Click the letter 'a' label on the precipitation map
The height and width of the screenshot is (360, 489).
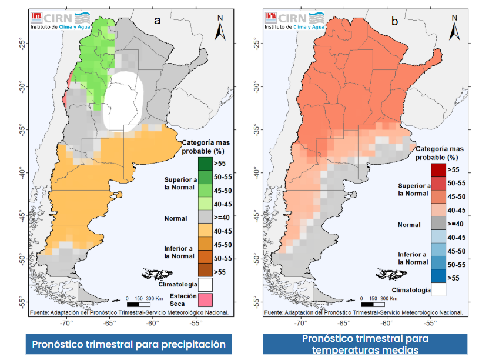[158, 21]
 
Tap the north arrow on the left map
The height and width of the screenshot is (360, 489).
[220, 27]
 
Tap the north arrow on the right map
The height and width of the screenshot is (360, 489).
[454, 27]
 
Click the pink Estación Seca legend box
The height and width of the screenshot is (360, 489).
[205, 299]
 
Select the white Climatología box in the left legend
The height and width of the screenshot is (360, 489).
[205, 285]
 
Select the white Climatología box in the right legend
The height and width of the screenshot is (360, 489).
[438, 289]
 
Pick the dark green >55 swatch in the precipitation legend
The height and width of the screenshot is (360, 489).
[205, 163]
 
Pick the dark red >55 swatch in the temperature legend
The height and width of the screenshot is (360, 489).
[438, 169]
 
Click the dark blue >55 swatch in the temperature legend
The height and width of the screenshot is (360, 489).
[438, 276]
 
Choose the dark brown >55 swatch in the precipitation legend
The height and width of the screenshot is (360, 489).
[205, 271]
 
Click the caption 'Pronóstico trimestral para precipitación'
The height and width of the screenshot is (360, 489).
[129, 344]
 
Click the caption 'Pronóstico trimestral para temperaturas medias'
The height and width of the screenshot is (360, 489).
[365, 344]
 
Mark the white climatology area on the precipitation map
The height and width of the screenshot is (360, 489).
[123, 100]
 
